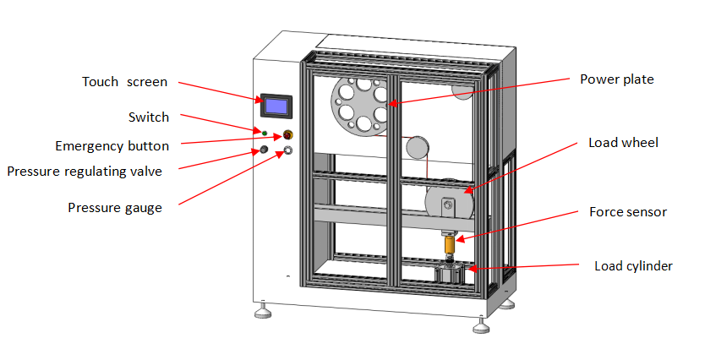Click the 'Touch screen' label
point(124,82)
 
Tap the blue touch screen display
point(276,106)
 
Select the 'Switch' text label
point(149,117)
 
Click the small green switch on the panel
point(264,133)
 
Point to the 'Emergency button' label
point(112,146)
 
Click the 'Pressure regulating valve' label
point(85,172)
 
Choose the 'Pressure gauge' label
point(115,207)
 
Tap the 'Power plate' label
point(617,79)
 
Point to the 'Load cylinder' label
point(633,266)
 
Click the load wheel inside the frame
point(447,205)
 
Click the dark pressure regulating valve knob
point(263,151)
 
